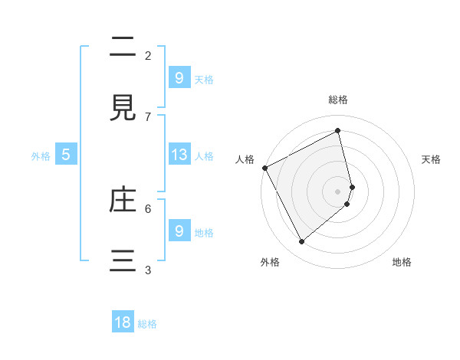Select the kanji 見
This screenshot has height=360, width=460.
click(123, 108)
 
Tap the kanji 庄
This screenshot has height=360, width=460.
click(123, 200)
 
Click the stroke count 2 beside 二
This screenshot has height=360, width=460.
click(148, 55)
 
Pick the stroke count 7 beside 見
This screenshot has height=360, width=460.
click(148, 116)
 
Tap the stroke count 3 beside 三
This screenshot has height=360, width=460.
click(148, 270)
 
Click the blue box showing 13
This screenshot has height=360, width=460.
click(179, 155)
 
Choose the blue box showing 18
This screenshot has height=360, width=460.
click(123, 322)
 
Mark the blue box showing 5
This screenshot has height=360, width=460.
click(66, 155)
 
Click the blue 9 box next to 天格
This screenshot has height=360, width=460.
click(179, 77)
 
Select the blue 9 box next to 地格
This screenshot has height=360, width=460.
click(179, 231)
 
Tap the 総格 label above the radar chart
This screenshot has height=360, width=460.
click(338, 100)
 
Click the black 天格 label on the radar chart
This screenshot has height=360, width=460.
click(432, 159)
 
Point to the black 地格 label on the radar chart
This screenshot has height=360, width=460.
click(402, 262)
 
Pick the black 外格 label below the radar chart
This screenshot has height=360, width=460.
click(270, 262)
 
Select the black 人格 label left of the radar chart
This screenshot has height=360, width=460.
click(245, 159)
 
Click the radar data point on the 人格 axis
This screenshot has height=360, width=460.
click(264, 168)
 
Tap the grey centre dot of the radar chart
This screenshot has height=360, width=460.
click(338, 191)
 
